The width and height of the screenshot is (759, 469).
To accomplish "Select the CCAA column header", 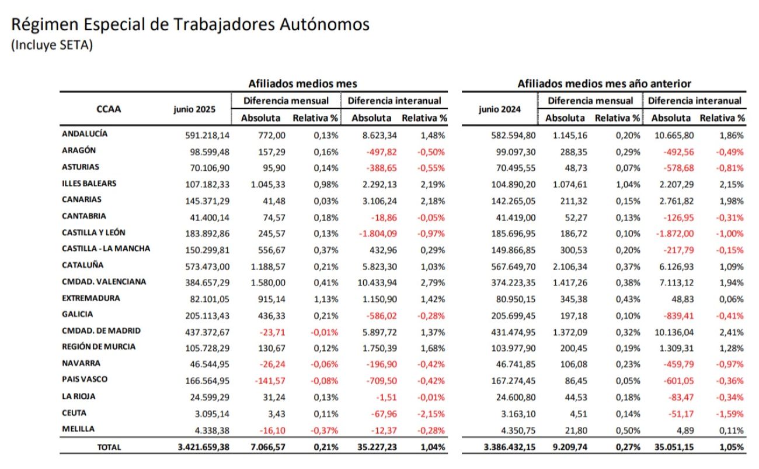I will (x=109, y=108).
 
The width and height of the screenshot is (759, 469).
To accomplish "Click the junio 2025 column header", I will (x=194, y=109).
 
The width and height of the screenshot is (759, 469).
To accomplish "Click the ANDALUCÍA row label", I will (x=85, y=134).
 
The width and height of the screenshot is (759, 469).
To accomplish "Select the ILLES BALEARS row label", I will (x=89, y=183).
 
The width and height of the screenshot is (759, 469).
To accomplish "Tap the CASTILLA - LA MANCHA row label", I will (x=106, y=249).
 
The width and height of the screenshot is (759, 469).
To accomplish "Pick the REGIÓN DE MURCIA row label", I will (x=98, y=347).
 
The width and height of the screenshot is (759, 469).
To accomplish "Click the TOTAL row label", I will (x=109, y=447).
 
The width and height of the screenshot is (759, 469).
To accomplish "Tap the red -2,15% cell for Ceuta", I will (x=432, y=413).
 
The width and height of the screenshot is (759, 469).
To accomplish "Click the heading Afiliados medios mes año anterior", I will (x=604, y=84).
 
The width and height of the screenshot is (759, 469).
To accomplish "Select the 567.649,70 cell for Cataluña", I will (x=509, y=266).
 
